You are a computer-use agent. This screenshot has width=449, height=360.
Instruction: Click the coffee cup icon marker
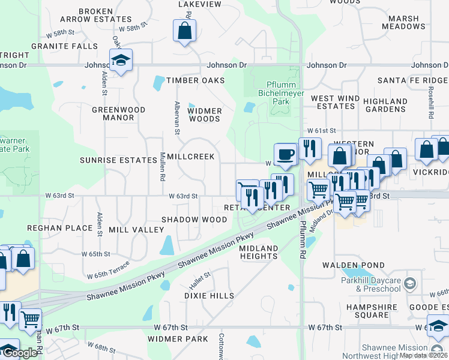pos(286,154)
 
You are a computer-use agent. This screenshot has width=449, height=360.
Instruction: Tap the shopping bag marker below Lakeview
pos(185,31)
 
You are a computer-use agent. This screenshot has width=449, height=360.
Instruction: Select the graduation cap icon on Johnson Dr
pos(121,60)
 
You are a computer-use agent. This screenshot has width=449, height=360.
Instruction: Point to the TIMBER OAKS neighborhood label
pos(195,80)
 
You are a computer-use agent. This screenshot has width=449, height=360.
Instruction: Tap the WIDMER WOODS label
pos(205,115)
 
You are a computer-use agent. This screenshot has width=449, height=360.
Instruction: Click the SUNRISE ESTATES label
pos(118,160)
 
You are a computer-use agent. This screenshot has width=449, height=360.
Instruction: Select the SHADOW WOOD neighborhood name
pos(194,220)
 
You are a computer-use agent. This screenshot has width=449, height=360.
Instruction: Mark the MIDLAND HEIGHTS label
pos(259,252)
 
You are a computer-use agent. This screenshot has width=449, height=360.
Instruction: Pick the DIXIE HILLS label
pos(209,296)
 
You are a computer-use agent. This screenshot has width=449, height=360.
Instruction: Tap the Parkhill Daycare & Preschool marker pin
pos(409,282)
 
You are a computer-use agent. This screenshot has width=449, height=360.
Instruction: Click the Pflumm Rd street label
pos(303,239)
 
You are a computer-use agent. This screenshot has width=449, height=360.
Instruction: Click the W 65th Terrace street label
pos(108,271)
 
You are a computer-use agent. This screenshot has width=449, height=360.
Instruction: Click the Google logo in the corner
pos(19,353)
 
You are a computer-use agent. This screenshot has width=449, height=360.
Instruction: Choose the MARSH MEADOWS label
pos(403,23)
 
